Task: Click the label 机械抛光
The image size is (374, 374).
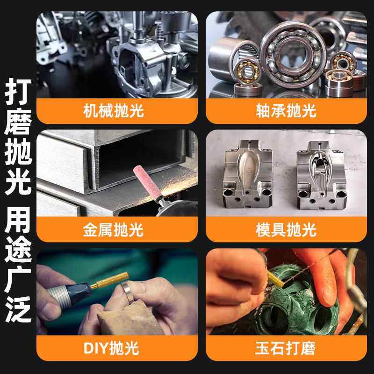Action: tap(117, 111)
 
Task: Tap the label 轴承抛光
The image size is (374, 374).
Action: tap(286, 111)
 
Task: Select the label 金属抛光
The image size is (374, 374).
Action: tap(117, 230)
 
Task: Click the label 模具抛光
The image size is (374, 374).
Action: tap(286, 230)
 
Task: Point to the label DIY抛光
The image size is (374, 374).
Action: tap(117, 348)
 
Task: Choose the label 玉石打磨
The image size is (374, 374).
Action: tap(286, 348)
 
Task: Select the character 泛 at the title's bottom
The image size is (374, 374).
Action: tap(18, 310)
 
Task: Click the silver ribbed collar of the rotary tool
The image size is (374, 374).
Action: tap(58, 293)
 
